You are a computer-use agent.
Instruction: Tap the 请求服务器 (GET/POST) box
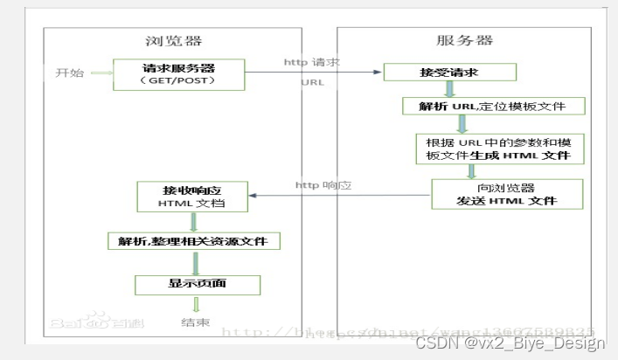[x=178, y=73]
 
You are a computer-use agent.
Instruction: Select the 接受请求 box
[x=448, y=73]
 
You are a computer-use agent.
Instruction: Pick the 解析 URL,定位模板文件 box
[x=493, y=107]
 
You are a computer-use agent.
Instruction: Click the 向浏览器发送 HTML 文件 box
[x=506, y=194]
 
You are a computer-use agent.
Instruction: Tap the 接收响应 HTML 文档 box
[x=191, y=196]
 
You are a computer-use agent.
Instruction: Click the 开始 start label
[x=70, y=73]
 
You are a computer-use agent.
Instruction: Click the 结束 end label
[x=195, y=323]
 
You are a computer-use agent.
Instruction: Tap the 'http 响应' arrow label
[x=323, y=184]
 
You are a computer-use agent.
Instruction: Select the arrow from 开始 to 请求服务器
[x=101, y=73]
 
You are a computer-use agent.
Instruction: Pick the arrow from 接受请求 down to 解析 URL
[x=449, y=90]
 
